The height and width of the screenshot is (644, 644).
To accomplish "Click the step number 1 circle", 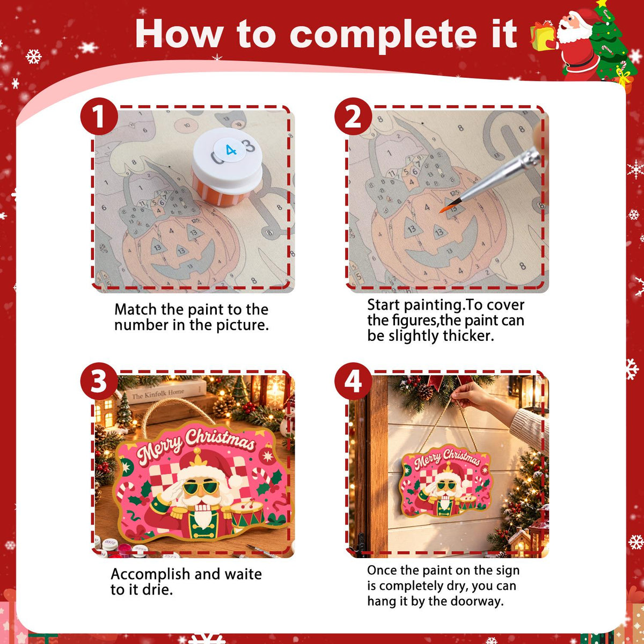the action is pyautogui.click(x=99, y=116).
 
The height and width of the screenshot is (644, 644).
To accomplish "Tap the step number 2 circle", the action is pyautogui.click(x=353, y=116).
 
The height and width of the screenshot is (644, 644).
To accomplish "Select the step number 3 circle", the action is pyautogui.click(x=99, y=381).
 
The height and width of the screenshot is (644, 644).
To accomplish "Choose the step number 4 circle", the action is pyautogui.click(x=353, y=381).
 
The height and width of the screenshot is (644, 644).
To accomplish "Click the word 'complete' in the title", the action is pyautogui.click(x=383, y=34).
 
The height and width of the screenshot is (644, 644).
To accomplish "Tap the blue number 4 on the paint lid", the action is pyautogui.click(x=231, y=150).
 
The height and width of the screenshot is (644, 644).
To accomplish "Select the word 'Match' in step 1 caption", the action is pyautogui.click(x=135, y=310).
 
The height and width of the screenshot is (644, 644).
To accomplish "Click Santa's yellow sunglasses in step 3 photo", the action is pyautogui.click(x=201, y=488).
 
